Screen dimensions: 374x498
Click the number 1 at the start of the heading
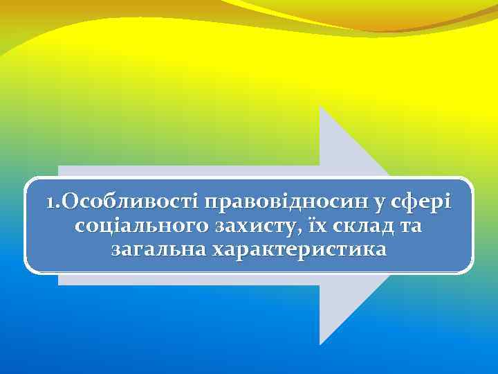click(x=50, y=203)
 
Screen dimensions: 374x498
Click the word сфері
click(x=421, y=203)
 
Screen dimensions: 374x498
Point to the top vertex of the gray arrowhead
click(x=320, y=108)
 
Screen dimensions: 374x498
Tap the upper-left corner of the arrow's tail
click(x=59, y=166)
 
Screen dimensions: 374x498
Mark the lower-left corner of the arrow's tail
click(x=59, y=285)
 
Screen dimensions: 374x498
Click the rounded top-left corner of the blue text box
click(x=30, y=181)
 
